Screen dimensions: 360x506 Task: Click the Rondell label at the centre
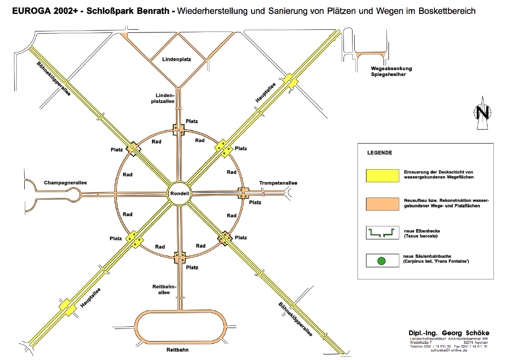179,193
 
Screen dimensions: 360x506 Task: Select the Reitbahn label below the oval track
177,350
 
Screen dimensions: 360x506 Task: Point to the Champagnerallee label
65,183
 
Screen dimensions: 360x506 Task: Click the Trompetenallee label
278,183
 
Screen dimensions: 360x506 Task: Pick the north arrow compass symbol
483,112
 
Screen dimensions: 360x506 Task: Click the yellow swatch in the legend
382,175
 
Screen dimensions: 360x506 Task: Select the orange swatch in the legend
382,204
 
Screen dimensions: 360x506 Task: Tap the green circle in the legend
381,261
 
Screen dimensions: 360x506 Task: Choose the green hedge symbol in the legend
382,232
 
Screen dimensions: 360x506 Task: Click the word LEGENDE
379,153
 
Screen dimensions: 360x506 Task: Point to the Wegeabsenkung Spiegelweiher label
391,71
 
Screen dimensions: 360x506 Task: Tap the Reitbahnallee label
164,289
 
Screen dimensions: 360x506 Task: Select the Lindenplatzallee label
165,99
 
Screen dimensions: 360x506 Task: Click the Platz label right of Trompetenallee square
255,202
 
